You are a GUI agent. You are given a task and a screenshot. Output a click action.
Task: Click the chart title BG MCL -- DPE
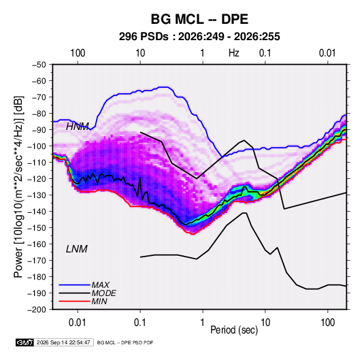(199, 19)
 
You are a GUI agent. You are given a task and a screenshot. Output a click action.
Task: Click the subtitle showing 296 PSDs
(199, 37)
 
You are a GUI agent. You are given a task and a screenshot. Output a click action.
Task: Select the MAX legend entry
(84, 284)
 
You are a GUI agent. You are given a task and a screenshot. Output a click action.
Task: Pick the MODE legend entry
(87, 293)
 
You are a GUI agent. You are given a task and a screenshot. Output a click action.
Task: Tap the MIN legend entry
(83, 301)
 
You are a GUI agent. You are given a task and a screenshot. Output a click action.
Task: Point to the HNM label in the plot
(78, 127)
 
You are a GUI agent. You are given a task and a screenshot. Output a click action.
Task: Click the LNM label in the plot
(77, 249)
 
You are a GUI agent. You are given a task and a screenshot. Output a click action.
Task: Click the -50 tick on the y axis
(39, 65)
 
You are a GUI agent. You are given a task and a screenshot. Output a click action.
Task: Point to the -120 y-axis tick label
(37, 179)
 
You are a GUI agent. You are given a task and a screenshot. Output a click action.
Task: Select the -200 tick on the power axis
(37, 310)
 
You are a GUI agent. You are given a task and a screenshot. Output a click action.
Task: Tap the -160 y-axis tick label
(37, 244)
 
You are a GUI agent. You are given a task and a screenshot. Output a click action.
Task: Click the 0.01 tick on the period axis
(78, 323)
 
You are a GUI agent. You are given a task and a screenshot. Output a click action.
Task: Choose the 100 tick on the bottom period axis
(327, 323)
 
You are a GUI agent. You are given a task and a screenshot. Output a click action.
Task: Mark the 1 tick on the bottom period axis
(203, 323)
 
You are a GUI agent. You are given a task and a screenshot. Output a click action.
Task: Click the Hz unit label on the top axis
(234, 53)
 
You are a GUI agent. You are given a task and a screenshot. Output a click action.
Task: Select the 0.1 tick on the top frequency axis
(265, 53)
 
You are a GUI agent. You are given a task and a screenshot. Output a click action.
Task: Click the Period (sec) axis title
(234, 330)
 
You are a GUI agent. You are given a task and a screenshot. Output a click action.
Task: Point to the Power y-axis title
(18, 187)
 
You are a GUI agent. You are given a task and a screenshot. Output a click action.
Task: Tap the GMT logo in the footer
(25, 342)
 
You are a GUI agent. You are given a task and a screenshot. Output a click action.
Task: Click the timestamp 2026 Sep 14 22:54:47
(63, 342)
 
